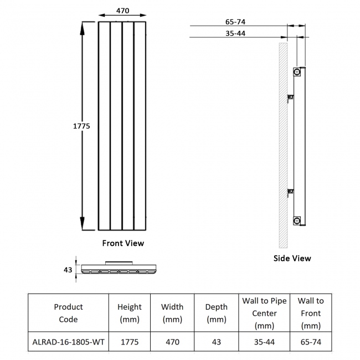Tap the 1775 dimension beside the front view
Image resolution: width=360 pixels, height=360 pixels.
82,126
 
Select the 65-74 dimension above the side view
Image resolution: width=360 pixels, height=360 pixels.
235,22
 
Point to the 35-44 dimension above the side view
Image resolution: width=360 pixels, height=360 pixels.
235,33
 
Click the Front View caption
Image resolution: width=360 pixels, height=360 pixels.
122,243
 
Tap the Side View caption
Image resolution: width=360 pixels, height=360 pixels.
292,258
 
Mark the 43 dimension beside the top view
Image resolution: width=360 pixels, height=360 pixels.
68,270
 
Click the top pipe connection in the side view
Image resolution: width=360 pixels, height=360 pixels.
297,72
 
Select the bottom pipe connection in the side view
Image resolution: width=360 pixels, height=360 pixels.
297,220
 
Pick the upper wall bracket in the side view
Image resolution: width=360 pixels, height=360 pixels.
290,98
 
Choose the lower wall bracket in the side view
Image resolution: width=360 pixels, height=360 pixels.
290,193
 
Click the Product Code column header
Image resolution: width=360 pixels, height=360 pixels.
68,313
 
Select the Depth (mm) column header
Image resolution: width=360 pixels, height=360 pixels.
216,313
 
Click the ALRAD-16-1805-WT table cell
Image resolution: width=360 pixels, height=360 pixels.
68,342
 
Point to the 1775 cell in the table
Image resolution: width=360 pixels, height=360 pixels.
129,342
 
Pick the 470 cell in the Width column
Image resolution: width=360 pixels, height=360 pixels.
172,342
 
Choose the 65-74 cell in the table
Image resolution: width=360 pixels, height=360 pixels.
310,342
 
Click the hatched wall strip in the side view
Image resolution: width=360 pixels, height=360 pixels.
283,144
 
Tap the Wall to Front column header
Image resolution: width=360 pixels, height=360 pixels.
310,313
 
